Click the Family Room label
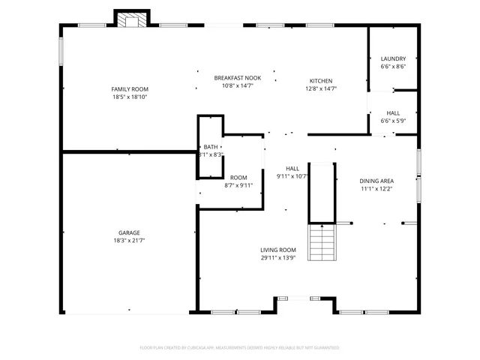pos(130,89)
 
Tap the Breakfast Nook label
pos(237,78)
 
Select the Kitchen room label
pos(321,81)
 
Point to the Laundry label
pos(393,58)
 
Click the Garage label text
pos(130,232)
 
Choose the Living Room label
pos(278,250)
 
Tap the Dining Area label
pos(376,181)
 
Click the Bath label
pos(211,147)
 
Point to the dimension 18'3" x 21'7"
pos(130,241)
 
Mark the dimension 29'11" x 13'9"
pos(278,259)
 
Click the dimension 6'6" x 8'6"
pos(393,67)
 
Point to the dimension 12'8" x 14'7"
pos(321,89)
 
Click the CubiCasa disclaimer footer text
pos(240,348)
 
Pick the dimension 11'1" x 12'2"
pos(376,189)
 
